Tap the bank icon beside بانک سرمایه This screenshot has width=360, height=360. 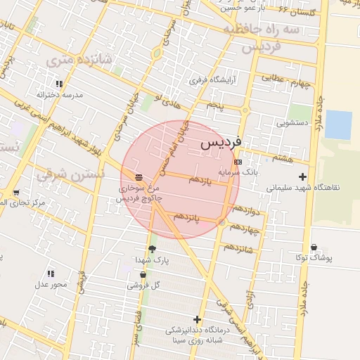coord(238,161)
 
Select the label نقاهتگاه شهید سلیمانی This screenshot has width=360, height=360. coord(302,188)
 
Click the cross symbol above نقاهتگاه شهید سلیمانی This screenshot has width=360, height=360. coord(303,176)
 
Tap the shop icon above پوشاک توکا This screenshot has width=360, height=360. coord(313,247)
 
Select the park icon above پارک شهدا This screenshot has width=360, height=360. coord(152,248)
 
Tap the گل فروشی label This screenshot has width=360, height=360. coord(143,285)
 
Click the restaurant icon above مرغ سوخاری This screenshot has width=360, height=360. coord(138,177)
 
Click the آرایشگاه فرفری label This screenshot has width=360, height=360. coord(212,80)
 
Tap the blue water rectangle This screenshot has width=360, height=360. coord(338,124)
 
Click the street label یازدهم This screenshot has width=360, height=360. coord(200,180)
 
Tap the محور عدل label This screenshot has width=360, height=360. coord(51,284)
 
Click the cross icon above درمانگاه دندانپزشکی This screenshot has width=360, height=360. coord(198,319)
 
